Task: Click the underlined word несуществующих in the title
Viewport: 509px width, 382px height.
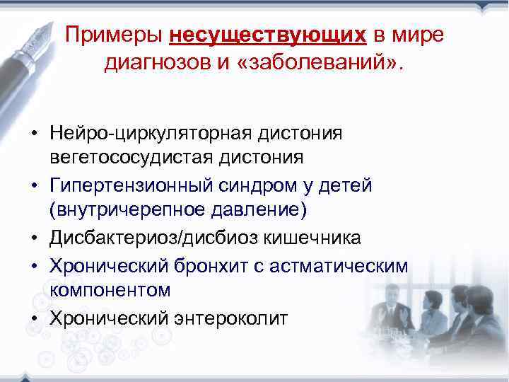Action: click(x=268, y=35)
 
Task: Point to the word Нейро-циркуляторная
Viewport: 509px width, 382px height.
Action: click(x=151, y=134)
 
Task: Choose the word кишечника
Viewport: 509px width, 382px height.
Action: click(x=315, y=238)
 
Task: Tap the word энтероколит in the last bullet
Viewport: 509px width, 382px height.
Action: click(x=229, y=318)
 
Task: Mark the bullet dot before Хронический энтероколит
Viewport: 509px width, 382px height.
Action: click(x=34, y=318)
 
